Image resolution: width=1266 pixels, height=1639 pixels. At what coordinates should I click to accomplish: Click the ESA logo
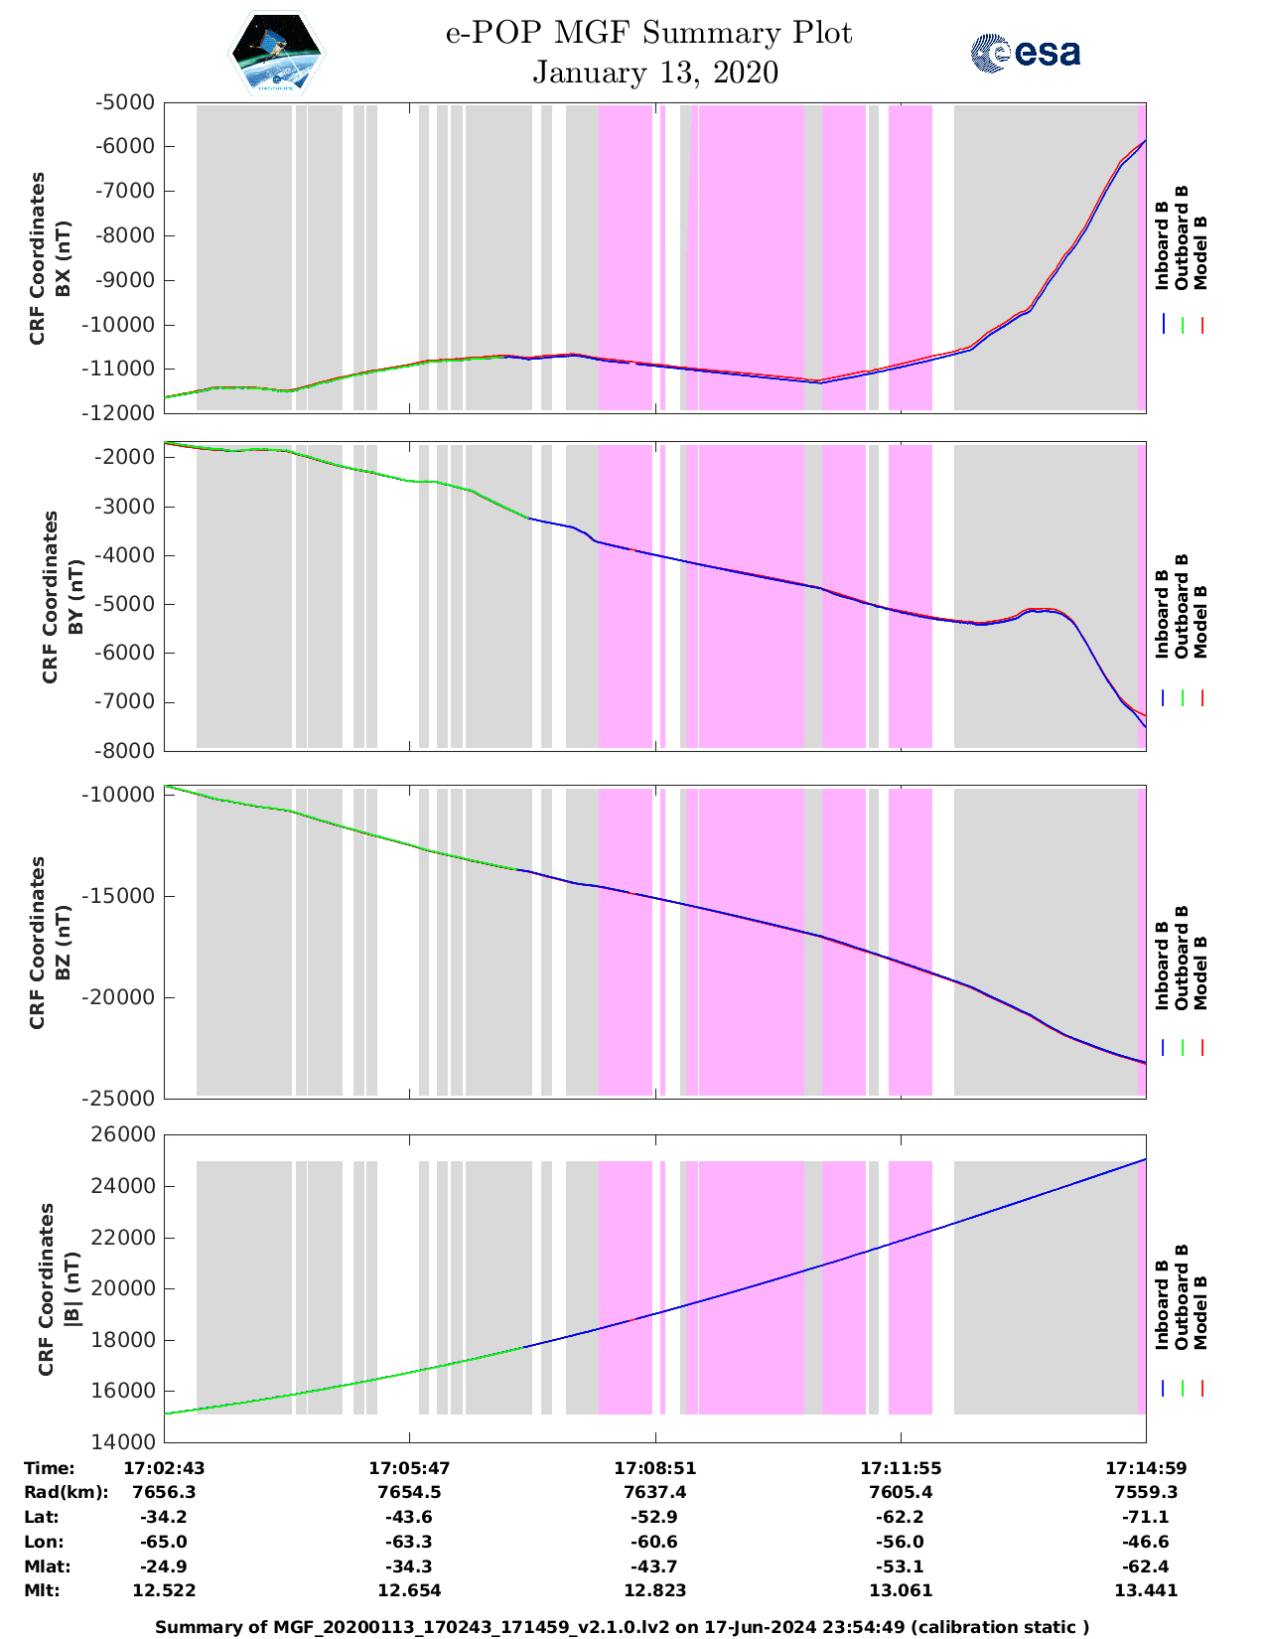[x=1026, y=53]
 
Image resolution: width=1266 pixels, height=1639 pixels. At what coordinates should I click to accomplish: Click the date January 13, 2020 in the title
[x=655, y=73]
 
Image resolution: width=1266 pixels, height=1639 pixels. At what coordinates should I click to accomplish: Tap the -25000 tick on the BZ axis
[x=120, y=1099]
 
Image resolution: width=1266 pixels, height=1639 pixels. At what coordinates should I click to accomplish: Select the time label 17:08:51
[x=655, y=1468]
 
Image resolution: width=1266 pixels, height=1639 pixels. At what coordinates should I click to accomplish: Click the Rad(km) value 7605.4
[x=901, y=1492]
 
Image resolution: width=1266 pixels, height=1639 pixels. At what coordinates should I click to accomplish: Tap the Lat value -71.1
[x=1146, y=1517]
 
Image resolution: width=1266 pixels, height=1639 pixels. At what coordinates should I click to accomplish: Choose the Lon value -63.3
[x=409, y=1542]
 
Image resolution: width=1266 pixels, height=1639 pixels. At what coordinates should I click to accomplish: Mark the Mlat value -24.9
[x=164, y=1566]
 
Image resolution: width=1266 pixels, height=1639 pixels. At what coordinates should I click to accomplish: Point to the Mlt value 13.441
[x=1146, y=1590]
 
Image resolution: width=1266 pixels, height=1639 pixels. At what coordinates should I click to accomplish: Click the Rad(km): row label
[x=66, y=1492]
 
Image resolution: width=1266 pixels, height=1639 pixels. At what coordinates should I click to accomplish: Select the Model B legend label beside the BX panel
[x=1200, y=252]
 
